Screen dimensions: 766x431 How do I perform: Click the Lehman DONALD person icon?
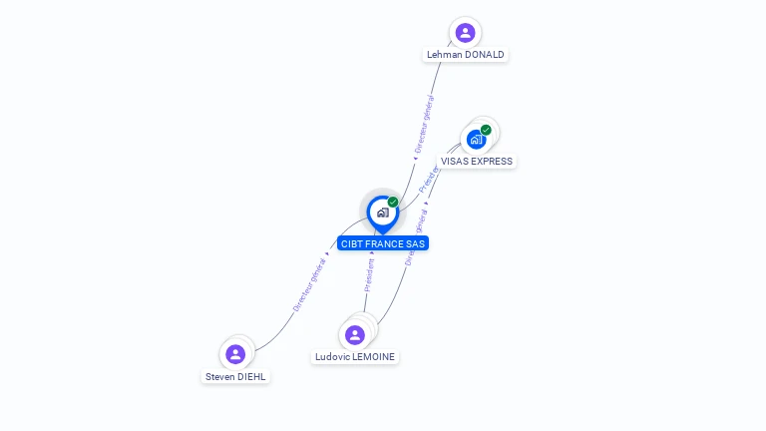[x=465, y=33]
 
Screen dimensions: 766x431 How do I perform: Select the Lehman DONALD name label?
[x=465, y=55]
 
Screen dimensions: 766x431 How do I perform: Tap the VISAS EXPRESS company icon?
[x=476, y=140]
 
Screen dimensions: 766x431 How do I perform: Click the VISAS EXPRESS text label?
[x=477, y=162]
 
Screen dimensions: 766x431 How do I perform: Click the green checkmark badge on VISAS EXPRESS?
[x=486, y=130]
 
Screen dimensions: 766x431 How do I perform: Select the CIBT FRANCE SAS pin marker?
[x=382, y=213]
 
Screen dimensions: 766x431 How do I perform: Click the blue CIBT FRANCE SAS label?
[x=383, y=243]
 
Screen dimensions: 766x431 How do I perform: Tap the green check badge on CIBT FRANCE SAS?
[x=393, y=203]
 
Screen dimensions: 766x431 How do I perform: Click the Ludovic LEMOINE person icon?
[x=354, y=335]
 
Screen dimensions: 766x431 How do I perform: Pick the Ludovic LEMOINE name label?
[x=355, y=357]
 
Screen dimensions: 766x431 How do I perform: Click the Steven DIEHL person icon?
[x=235, y=354]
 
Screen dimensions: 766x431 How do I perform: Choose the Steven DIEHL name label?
[x=236, y=377]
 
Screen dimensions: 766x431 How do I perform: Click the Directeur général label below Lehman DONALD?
[x=424, y=124]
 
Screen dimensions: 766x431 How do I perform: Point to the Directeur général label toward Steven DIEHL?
[x=309, y=284]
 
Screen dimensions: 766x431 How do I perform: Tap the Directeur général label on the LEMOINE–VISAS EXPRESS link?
[x=417, y=237]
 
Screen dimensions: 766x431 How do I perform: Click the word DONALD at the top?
[x=485, y=55]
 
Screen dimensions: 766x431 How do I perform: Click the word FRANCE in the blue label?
[x=385, y=243]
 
